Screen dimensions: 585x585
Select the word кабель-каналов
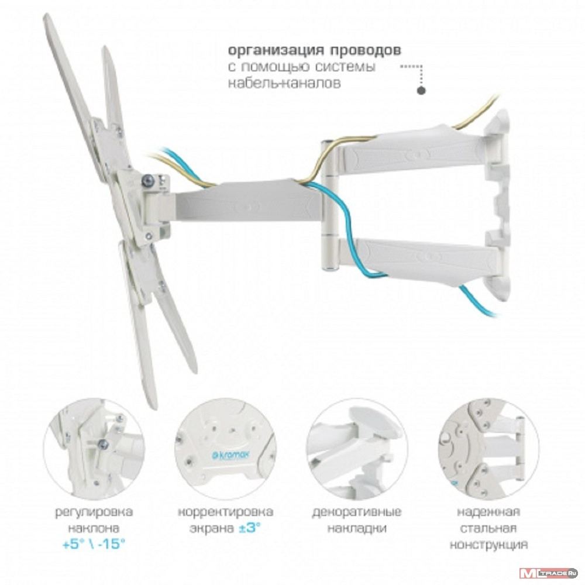pyautogui.click(x=284, y=83)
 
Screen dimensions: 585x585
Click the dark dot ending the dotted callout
pyautogui.click(x=421, y=90)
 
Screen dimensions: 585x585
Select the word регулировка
pyautogui.click(x=94, y=512)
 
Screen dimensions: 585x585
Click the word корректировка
pyautogui.click(x=225, y=511)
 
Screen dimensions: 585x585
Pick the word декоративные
pyautogui.click(x=357, y=511)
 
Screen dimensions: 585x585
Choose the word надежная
pyautogui.click(x=488, y=511)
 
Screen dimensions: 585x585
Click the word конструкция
pyautogui.click(x=488, y=544)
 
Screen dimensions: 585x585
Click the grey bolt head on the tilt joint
pyautogui.click(x=148, y=181)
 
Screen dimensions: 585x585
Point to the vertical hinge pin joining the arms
pyautogui.click(x=329, y=205)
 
